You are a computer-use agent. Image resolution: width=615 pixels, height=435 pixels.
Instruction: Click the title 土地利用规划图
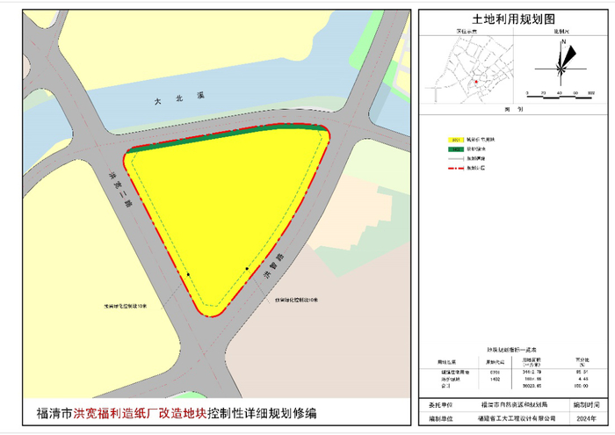tap(515, 18)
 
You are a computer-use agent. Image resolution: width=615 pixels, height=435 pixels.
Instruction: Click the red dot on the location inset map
tap(475, 82)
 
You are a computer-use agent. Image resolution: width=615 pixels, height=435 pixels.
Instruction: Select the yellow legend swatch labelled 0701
tap(455, 140)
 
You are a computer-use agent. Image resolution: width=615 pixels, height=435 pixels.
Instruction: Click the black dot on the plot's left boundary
tap(188, 274)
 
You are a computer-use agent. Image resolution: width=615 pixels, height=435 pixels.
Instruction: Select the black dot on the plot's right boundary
tap(248, 268)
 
